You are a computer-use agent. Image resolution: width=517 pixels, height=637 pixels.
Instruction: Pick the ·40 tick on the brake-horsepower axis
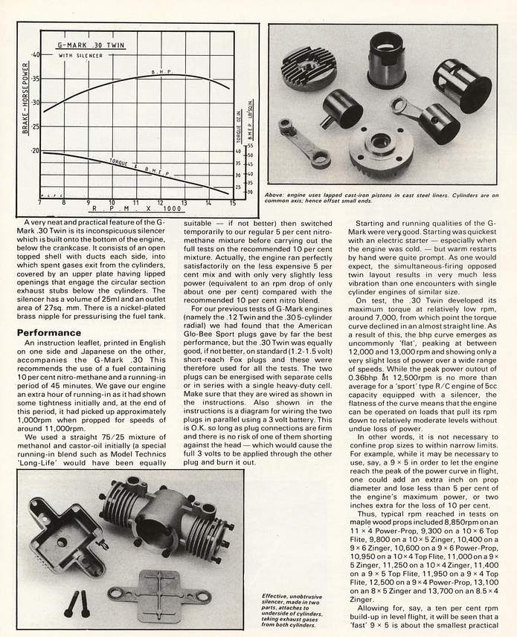35,55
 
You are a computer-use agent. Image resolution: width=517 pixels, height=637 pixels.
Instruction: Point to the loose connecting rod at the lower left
304,139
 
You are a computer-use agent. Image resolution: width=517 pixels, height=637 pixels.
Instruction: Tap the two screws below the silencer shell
75,604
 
